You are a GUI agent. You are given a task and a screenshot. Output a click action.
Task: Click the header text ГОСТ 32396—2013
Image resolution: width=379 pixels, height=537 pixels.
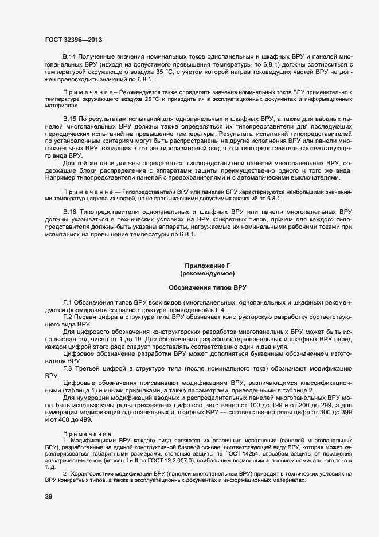(74, 40)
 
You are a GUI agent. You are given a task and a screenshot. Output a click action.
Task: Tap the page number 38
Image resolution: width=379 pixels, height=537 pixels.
(49, 497)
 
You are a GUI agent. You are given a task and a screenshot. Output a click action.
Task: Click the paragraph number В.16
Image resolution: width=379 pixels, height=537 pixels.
(69, 212)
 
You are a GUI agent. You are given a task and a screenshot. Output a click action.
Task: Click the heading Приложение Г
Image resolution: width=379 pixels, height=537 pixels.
(207, 265)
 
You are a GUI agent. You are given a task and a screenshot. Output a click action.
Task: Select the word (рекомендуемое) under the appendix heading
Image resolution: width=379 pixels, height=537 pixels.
(207, 273)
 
